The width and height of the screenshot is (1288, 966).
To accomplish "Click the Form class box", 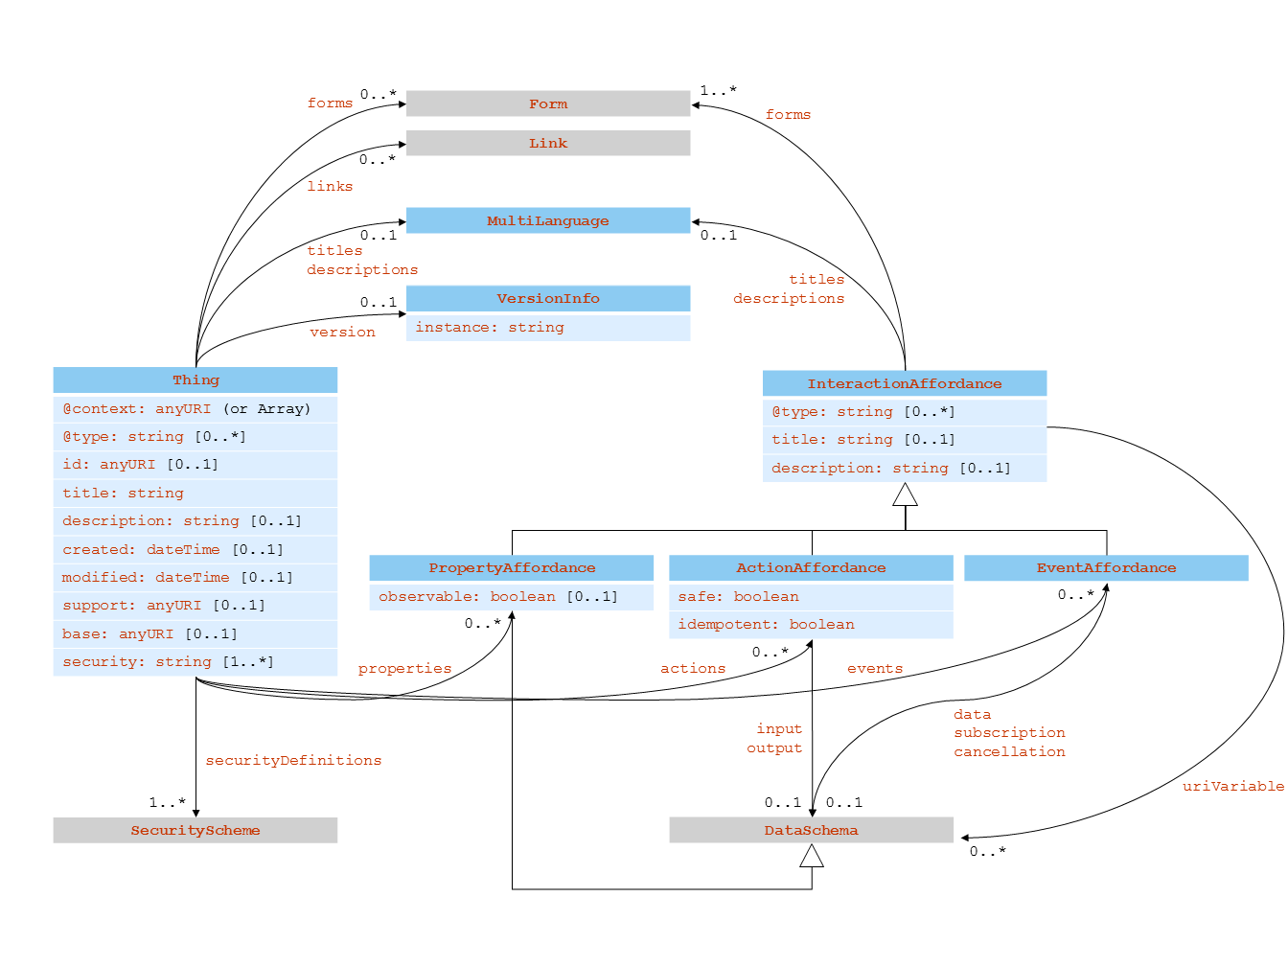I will pyautogui.click(x=547, y=103).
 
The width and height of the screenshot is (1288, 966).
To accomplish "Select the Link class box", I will pyautogui.click(x=547, y=143).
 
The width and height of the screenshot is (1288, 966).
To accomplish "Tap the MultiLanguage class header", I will pyautogui.click(x=547, y=220).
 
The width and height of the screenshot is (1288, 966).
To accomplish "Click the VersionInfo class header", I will pyautogui.click(x=547, y=298).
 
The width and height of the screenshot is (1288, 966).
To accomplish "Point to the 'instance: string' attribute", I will pyautogui.click(x=490, y=328).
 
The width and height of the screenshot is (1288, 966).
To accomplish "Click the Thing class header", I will pyautogui.click(x=195, y=380).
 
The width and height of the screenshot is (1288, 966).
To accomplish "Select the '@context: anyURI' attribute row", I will pyautogui.click(x=187, y=409).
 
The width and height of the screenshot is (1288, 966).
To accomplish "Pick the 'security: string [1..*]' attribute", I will pyautogui.click(x=168, y=662).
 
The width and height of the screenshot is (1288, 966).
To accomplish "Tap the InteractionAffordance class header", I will pyautogui.click(x=904, y=383).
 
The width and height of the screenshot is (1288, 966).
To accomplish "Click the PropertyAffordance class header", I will pyautogui.click(x=512, y=568).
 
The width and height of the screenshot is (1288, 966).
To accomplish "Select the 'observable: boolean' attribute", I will pyautogui.click(x=497, y=597).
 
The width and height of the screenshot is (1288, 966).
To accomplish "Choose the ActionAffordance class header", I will pyautogui.click(x=811, y=568).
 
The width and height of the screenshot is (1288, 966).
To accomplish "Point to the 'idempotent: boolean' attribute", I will pyautogui.click(x=766, y=625).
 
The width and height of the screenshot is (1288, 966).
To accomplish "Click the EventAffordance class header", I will pyautogui.click(x=1106, y=568).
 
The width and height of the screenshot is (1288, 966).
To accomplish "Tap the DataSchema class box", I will pyautogui.click(x=811, y=830).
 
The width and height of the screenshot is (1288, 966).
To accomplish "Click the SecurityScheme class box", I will pyautogui.click(x=195, y=830).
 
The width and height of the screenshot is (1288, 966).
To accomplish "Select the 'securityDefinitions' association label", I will pyautogui.click(x=293, y=761).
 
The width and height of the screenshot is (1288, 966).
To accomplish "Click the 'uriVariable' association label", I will pyautogui.click(x=1232, y=787).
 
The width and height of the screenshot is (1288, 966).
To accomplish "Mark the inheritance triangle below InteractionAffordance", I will pyautogui.click(x=905, y=494).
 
